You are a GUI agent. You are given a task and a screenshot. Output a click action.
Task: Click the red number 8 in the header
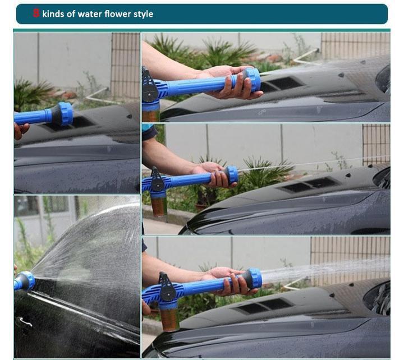tap(36, 13)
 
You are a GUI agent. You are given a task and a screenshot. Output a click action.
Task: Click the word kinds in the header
tap(53, 14)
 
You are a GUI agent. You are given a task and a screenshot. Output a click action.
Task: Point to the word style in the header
tap(143, 14)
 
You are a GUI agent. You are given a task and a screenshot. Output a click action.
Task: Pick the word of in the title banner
tap(71, 14)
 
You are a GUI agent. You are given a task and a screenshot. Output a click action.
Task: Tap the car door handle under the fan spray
tap(25, 321)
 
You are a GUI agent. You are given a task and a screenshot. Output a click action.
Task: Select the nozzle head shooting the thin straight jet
tap(232, 175)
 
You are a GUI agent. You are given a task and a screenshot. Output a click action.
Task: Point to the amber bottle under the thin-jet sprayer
tap(159, 205)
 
